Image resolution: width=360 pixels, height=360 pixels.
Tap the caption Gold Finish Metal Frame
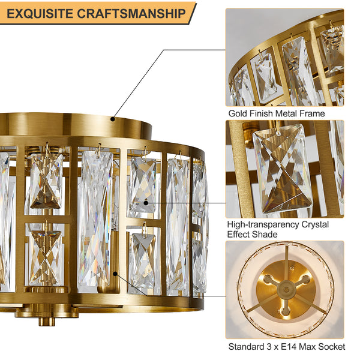coord(276,113)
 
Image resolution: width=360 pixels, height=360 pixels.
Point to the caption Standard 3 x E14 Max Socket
coord(286,346)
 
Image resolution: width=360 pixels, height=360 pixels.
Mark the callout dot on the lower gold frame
coord(113,274)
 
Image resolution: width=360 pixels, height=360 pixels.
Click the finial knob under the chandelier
coord(43,320)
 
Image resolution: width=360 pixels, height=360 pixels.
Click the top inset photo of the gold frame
coord(284,57)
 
